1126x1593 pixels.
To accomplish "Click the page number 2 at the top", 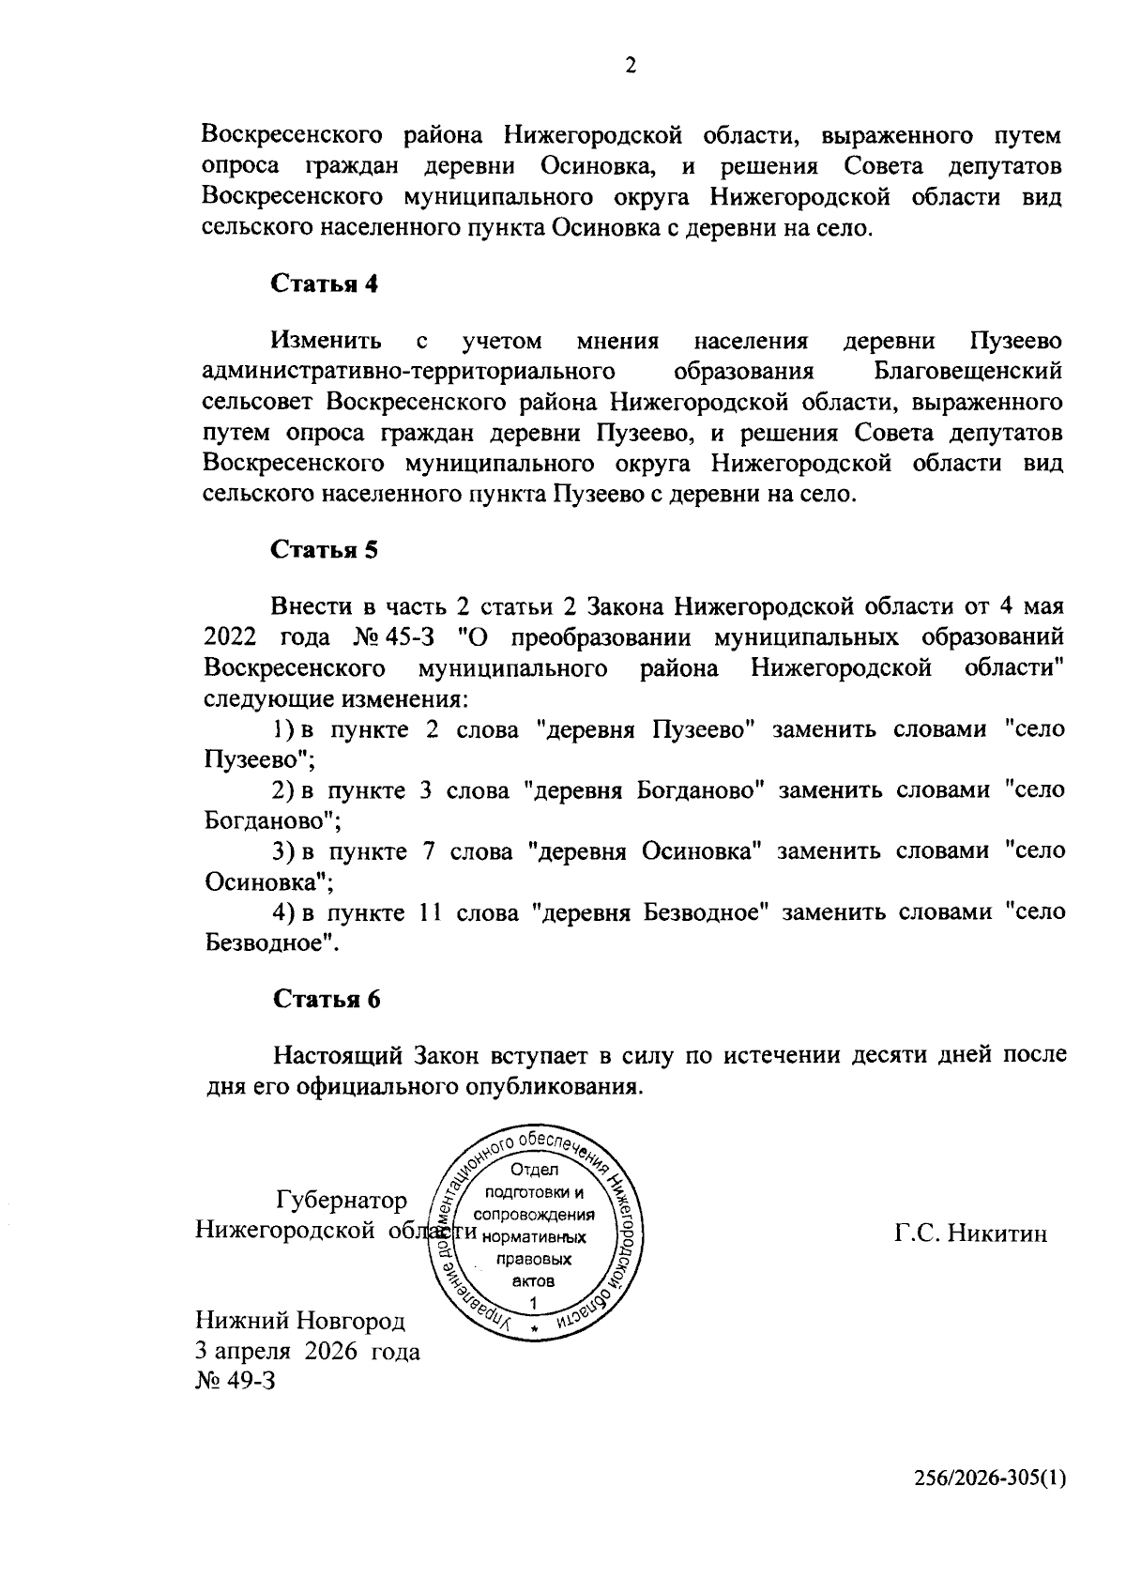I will coord(630,66).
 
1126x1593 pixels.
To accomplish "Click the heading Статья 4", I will coord(325,284).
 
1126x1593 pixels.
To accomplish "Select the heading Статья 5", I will coord(325,550).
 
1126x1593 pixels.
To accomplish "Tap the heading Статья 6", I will coord(326,1000).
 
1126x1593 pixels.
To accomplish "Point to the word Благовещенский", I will coord(967,371).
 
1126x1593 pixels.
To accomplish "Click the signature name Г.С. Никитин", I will coord(970,1233).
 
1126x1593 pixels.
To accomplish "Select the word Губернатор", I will coord(342,1201).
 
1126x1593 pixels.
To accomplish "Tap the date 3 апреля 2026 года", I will coord(307,1352).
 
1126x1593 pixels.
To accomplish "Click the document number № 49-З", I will coord(236,1382).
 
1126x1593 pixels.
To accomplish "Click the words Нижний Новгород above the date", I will coord(299,1322).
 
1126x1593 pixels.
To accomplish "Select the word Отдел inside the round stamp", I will coord(534,1170).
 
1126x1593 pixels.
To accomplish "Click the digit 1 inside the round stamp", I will coord(534,1303).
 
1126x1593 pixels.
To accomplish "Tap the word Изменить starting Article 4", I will coord(326,340).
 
